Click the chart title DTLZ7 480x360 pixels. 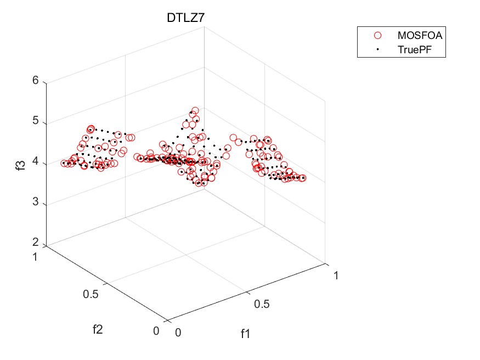186,19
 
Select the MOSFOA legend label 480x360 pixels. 420,35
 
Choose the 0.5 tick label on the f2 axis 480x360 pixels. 92,294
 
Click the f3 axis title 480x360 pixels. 20,162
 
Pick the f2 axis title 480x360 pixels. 98,329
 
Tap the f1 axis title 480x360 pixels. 245,333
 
